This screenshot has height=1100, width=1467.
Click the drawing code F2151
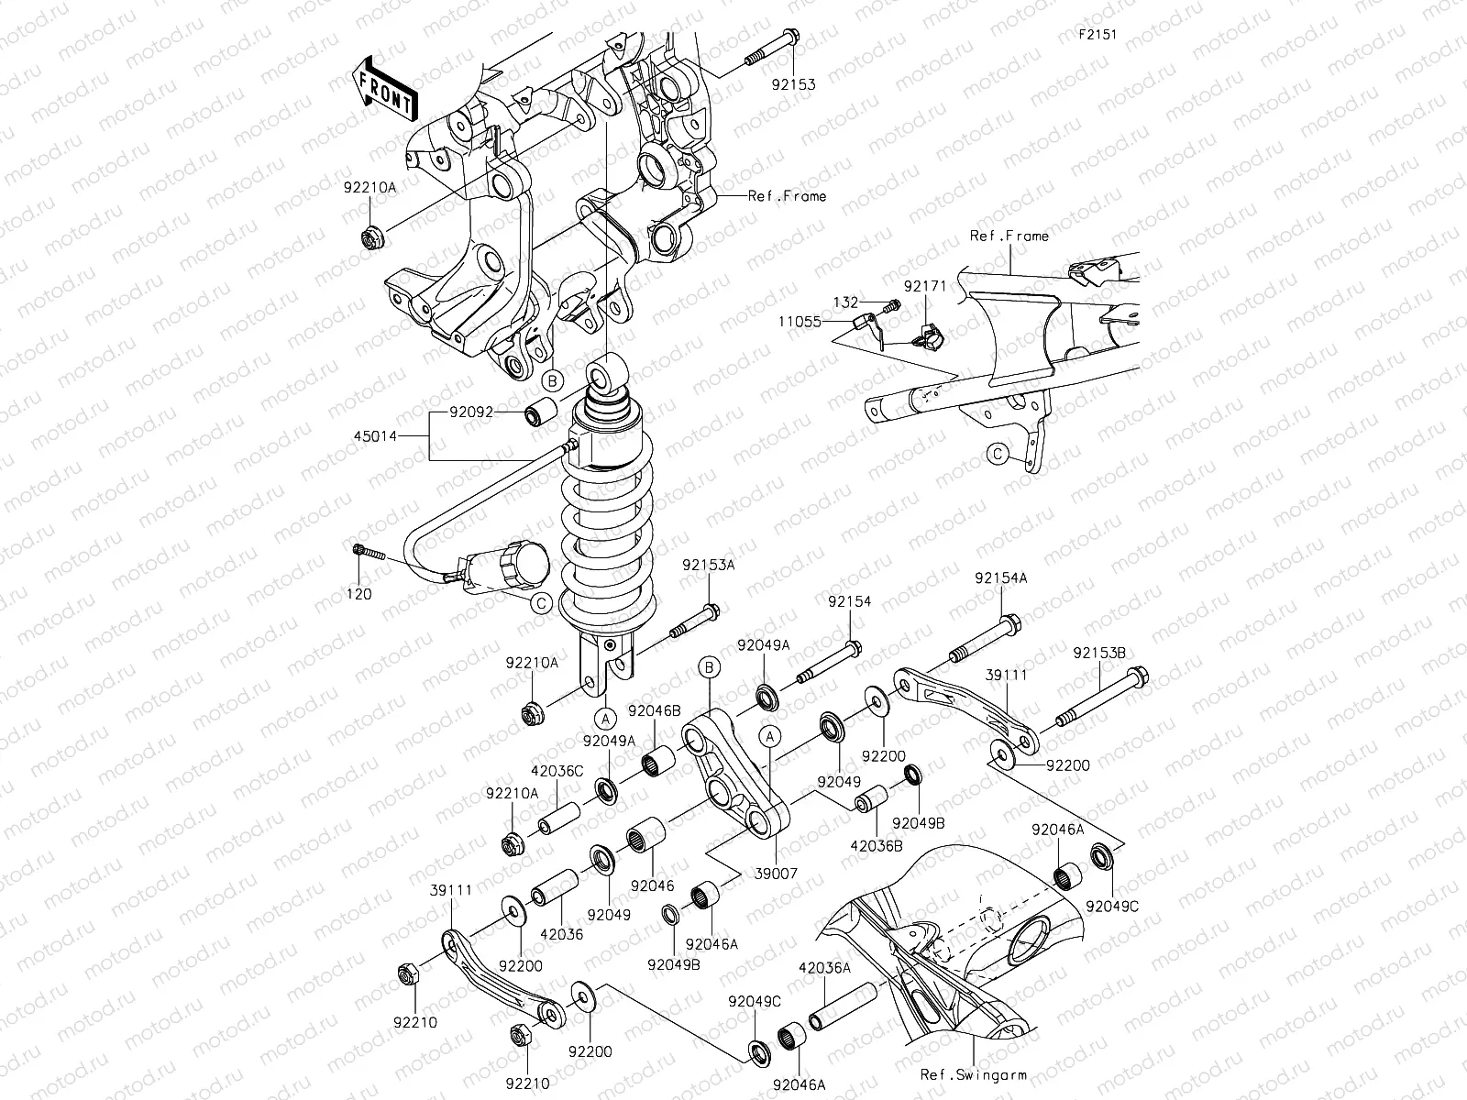1099,35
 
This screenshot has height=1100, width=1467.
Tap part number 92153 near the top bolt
792,84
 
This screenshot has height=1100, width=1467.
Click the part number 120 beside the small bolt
359,594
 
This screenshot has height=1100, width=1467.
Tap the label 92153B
1099,654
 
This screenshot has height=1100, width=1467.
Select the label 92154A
1000,578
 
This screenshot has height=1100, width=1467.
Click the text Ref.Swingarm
974,1074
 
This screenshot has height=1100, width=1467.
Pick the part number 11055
800,323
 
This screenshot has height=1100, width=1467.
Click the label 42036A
825,967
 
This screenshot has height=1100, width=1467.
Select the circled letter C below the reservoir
541,603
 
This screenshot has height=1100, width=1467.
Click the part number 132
845,302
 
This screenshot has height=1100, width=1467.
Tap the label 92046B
654,709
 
